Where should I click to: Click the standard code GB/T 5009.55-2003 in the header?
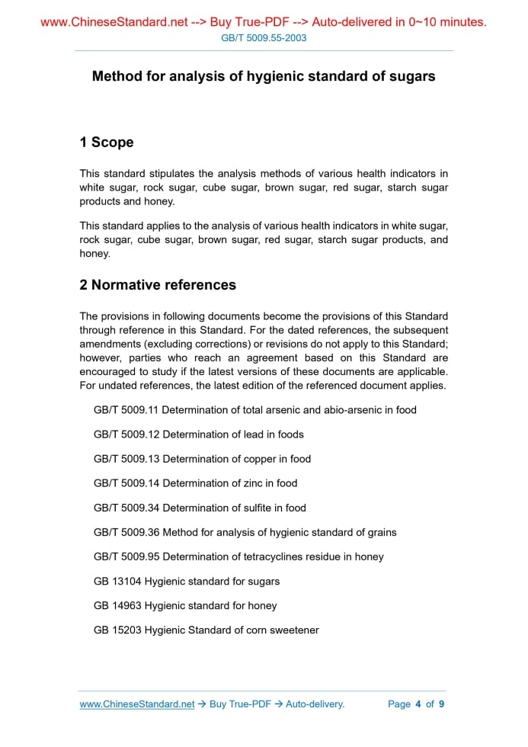point(264,37)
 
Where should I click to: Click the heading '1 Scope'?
point(107,143)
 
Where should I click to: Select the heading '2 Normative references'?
point(158,285)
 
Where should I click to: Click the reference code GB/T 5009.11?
point(126,410)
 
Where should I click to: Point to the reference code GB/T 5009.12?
point(126,434)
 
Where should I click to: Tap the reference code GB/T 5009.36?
point(126,532)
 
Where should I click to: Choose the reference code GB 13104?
point(117,581)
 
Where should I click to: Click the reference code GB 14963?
point(117,605)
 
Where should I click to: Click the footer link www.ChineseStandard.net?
point(137,704)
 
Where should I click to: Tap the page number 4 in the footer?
point(418,704)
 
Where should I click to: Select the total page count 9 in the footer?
point(441,704)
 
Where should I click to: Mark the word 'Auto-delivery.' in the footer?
point(315,704)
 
